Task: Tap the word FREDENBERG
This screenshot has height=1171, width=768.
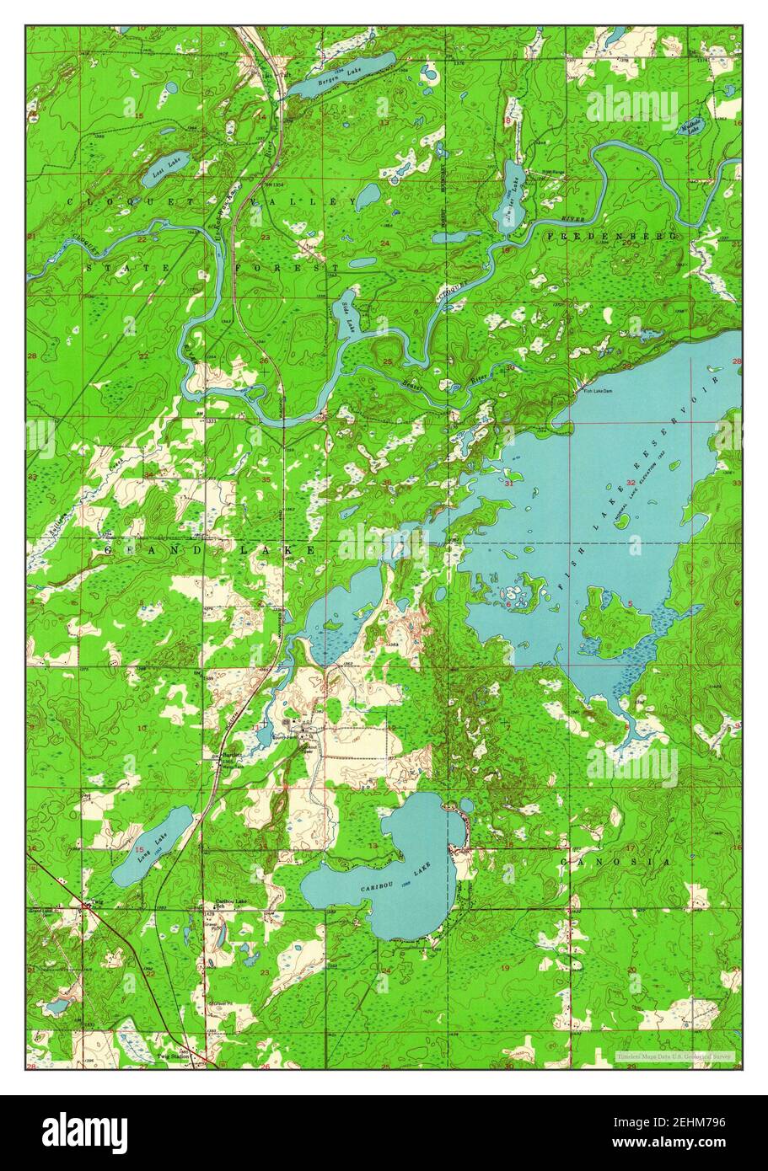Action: point(613,237)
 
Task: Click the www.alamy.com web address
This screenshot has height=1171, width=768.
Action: point(683,1144)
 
